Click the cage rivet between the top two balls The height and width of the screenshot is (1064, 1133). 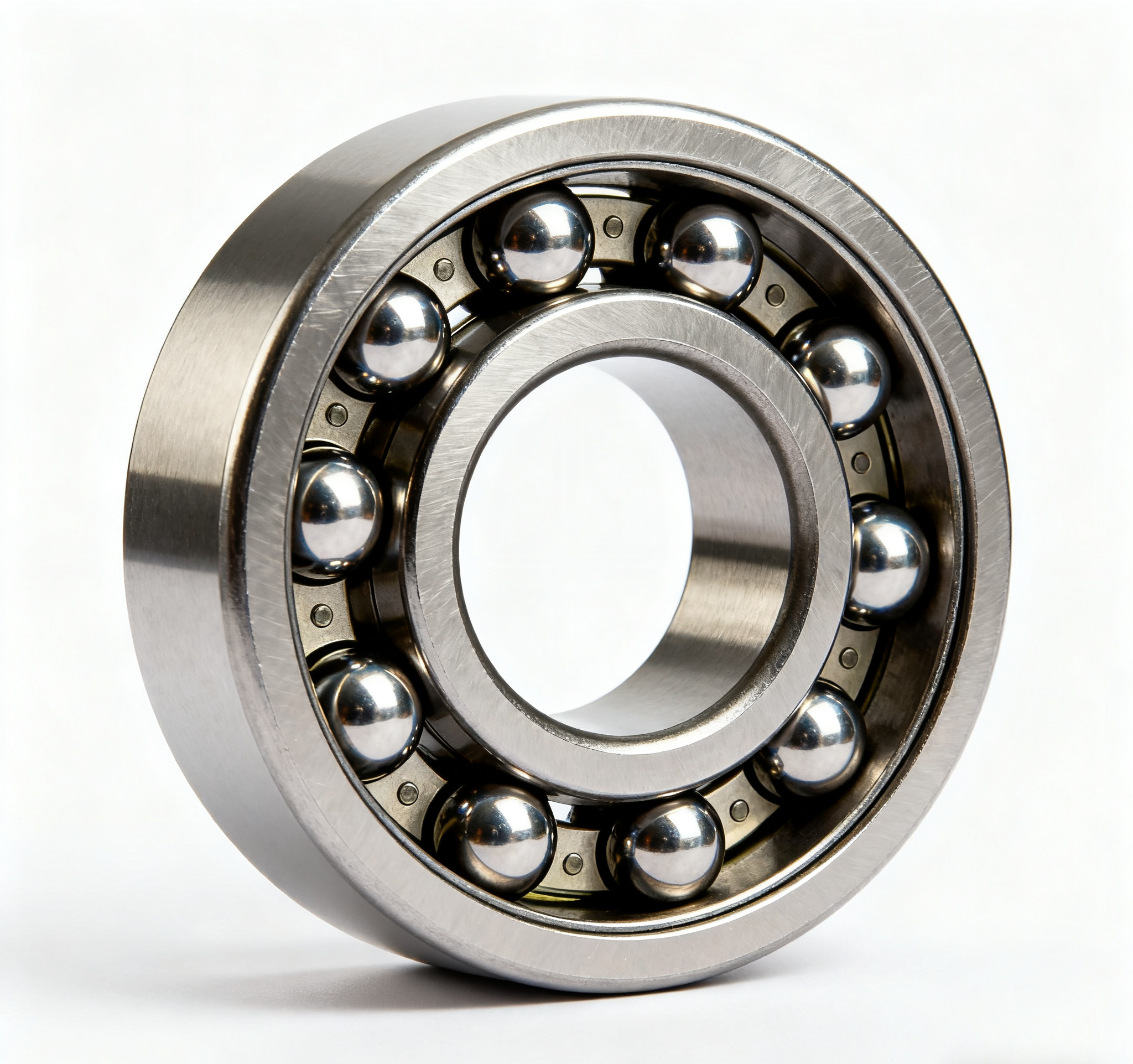613,226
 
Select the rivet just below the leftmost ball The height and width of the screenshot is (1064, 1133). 322,615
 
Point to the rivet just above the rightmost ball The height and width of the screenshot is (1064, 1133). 863,460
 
